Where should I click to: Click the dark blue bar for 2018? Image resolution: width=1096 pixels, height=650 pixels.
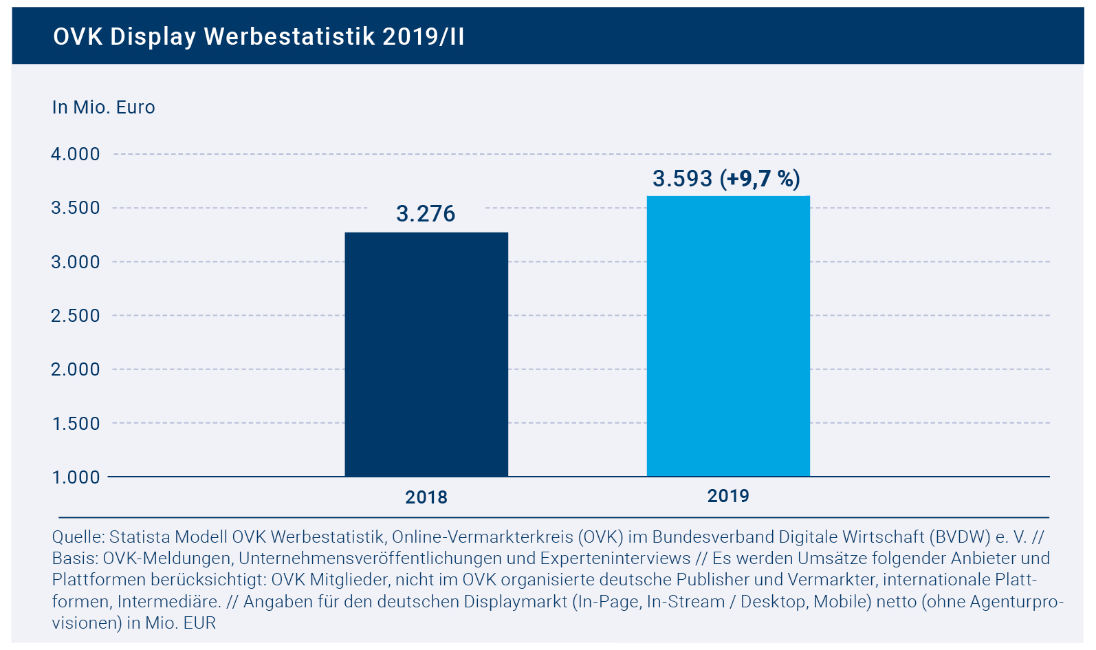426,354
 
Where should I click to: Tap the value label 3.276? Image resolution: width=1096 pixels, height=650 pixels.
426,214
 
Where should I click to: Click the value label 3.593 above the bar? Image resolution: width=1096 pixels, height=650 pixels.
682,179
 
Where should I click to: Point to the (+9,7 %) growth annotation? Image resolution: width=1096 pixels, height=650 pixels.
760,179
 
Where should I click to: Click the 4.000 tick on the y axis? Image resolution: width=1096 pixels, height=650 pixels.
76,154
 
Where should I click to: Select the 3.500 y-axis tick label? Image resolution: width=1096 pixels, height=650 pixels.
76,208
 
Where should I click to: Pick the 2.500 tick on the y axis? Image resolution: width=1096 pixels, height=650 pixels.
76,316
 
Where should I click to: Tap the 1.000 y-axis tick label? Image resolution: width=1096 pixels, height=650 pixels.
76,477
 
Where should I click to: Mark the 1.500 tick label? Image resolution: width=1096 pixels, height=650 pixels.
76,424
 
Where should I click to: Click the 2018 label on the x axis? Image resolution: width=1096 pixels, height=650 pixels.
426,497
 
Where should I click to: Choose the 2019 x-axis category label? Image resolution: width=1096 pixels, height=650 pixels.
728,496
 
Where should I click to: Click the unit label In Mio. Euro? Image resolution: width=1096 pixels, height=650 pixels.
103,107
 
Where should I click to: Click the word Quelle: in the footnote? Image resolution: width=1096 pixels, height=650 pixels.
78,537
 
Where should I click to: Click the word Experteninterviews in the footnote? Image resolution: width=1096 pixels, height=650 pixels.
615,558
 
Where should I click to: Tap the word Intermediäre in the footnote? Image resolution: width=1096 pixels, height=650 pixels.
168,602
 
